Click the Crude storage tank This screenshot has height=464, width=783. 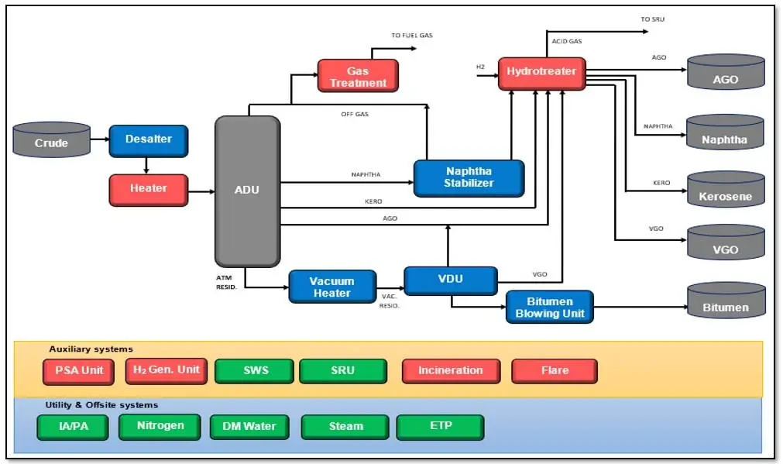[51, 141]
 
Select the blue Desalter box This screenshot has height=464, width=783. [148, 140]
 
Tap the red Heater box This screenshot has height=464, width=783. [148, 189]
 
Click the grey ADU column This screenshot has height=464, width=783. [247, 191]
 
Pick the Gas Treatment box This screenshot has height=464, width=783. [357, 77]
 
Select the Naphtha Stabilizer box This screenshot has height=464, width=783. [469, 177]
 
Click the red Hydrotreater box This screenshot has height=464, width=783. [541, 73]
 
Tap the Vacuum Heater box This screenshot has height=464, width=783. [331, 287]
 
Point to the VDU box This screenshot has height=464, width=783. [450, 280]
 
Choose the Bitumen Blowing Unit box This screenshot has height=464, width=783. [549, 307]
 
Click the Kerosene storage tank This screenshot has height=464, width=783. [726, 191]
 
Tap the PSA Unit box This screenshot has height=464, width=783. [78, 371]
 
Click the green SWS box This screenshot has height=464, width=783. [256, 371]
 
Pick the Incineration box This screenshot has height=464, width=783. [450, 371]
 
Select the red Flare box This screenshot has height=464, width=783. [554, 371]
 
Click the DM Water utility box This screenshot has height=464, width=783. [249, 427]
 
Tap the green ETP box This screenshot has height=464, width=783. [440, 427]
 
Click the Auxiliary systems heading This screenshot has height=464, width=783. [91, 349]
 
